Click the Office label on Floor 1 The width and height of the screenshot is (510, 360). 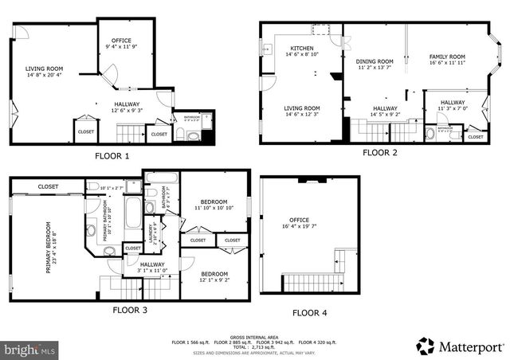coord(121,40)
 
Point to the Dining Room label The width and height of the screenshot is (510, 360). coord(375,61)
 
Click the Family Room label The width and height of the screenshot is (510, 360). coord(447,57)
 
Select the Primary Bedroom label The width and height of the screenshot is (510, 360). coord(48,247)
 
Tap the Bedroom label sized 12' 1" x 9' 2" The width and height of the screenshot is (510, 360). coord(214,273)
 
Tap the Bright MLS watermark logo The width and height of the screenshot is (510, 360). coord(30,350)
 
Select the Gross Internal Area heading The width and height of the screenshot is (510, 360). coord(253,337)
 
